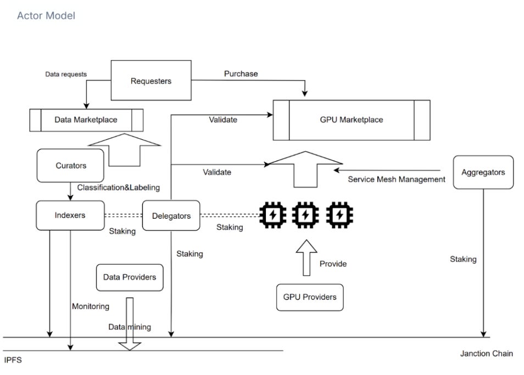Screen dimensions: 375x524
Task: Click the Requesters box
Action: click(151, 81)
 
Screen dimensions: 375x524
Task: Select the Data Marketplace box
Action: click(86, 119)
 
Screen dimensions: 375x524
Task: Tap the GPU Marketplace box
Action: click(352, 120)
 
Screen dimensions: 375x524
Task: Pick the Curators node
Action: click(71, 166)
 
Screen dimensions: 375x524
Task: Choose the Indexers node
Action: click(70, 215)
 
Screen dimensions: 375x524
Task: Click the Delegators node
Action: click(171, 216)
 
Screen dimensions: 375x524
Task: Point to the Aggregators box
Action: click(483, 172)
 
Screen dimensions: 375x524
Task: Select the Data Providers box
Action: click(130, 277)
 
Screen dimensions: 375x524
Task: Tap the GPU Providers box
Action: click(310, 297)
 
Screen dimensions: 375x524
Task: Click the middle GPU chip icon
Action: click(304, 215)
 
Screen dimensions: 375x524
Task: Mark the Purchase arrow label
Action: click(241, 73)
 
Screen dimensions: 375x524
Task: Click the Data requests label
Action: click(65, 75)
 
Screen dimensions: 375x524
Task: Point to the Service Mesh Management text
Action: click(397, 179)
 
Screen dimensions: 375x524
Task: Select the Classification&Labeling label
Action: click(118, 187)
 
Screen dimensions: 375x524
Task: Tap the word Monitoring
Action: click(91, 306)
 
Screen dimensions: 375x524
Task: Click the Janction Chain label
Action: click(486, 354)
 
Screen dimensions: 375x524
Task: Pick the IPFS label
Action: click(13, 361)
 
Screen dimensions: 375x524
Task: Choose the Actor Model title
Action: click(46, 15)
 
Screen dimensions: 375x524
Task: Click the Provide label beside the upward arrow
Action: click(333, 264)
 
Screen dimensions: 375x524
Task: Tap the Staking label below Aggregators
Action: click(463, 259)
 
